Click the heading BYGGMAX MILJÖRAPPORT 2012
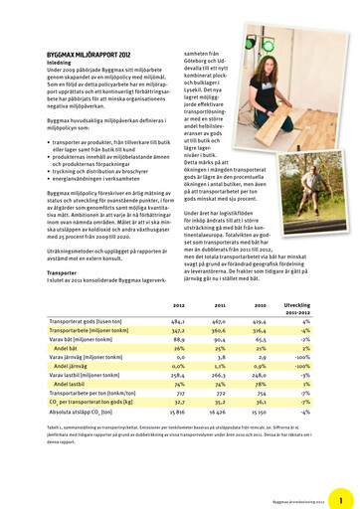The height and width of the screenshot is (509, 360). [89, 55]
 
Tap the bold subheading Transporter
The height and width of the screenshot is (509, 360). [62, 271]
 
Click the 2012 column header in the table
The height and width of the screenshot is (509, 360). [178, 305]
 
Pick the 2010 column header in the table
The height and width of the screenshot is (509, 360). [260, 305]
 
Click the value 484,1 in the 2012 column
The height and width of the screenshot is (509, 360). [178, 322]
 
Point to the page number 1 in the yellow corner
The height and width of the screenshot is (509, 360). [339, 502]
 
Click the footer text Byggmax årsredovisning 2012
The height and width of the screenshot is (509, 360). [298, 503]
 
